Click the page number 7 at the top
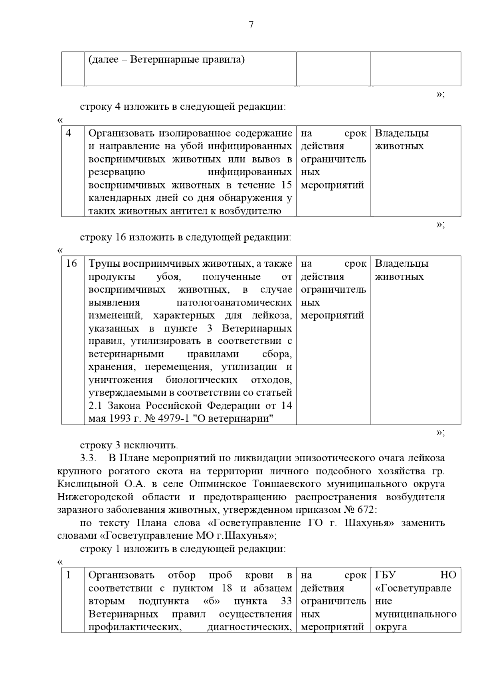click(251, 25)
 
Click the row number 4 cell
click(69, 133)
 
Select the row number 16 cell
click(71, 264)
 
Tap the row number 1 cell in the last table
click(69, 575)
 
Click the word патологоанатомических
click(234, 302)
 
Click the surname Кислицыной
click(88, 484)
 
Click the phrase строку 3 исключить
click(129, 445)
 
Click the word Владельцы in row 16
click(402, 264)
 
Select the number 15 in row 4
click(286, 185)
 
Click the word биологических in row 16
click(202, 380)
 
